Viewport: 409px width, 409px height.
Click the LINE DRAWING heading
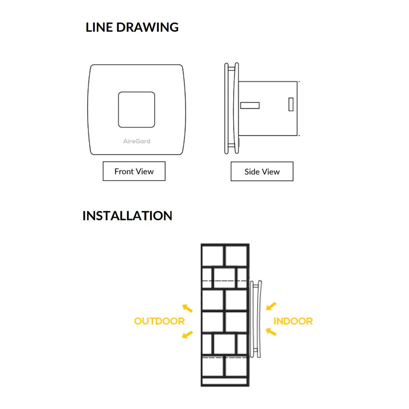point(132,27)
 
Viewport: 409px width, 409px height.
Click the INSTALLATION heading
point(127,216)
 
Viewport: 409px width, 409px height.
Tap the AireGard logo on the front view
point(137,141)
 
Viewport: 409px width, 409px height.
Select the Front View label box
point(134,171)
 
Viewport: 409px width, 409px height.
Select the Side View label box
point(262,172)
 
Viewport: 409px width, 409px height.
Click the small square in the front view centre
point(137,109)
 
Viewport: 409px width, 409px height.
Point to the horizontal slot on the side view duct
point(249,106)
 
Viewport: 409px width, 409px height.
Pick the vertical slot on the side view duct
point(291,104)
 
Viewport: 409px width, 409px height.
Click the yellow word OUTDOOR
point(160,321)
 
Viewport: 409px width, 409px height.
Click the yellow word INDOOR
point(293,321)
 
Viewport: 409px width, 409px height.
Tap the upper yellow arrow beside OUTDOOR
point(187,308)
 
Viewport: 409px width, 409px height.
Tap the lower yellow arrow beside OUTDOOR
point(187,335)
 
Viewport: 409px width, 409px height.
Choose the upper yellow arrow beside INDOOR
point(271,306)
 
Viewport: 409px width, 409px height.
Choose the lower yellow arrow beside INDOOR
point(271,331)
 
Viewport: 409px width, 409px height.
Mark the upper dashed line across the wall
point(225,281)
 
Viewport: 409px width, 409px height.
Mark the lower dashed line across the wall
point(225,357)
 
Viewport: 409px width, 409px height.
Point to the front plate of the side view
point(228,109)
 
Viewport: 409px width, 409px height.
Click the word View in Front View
point(145,171)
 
